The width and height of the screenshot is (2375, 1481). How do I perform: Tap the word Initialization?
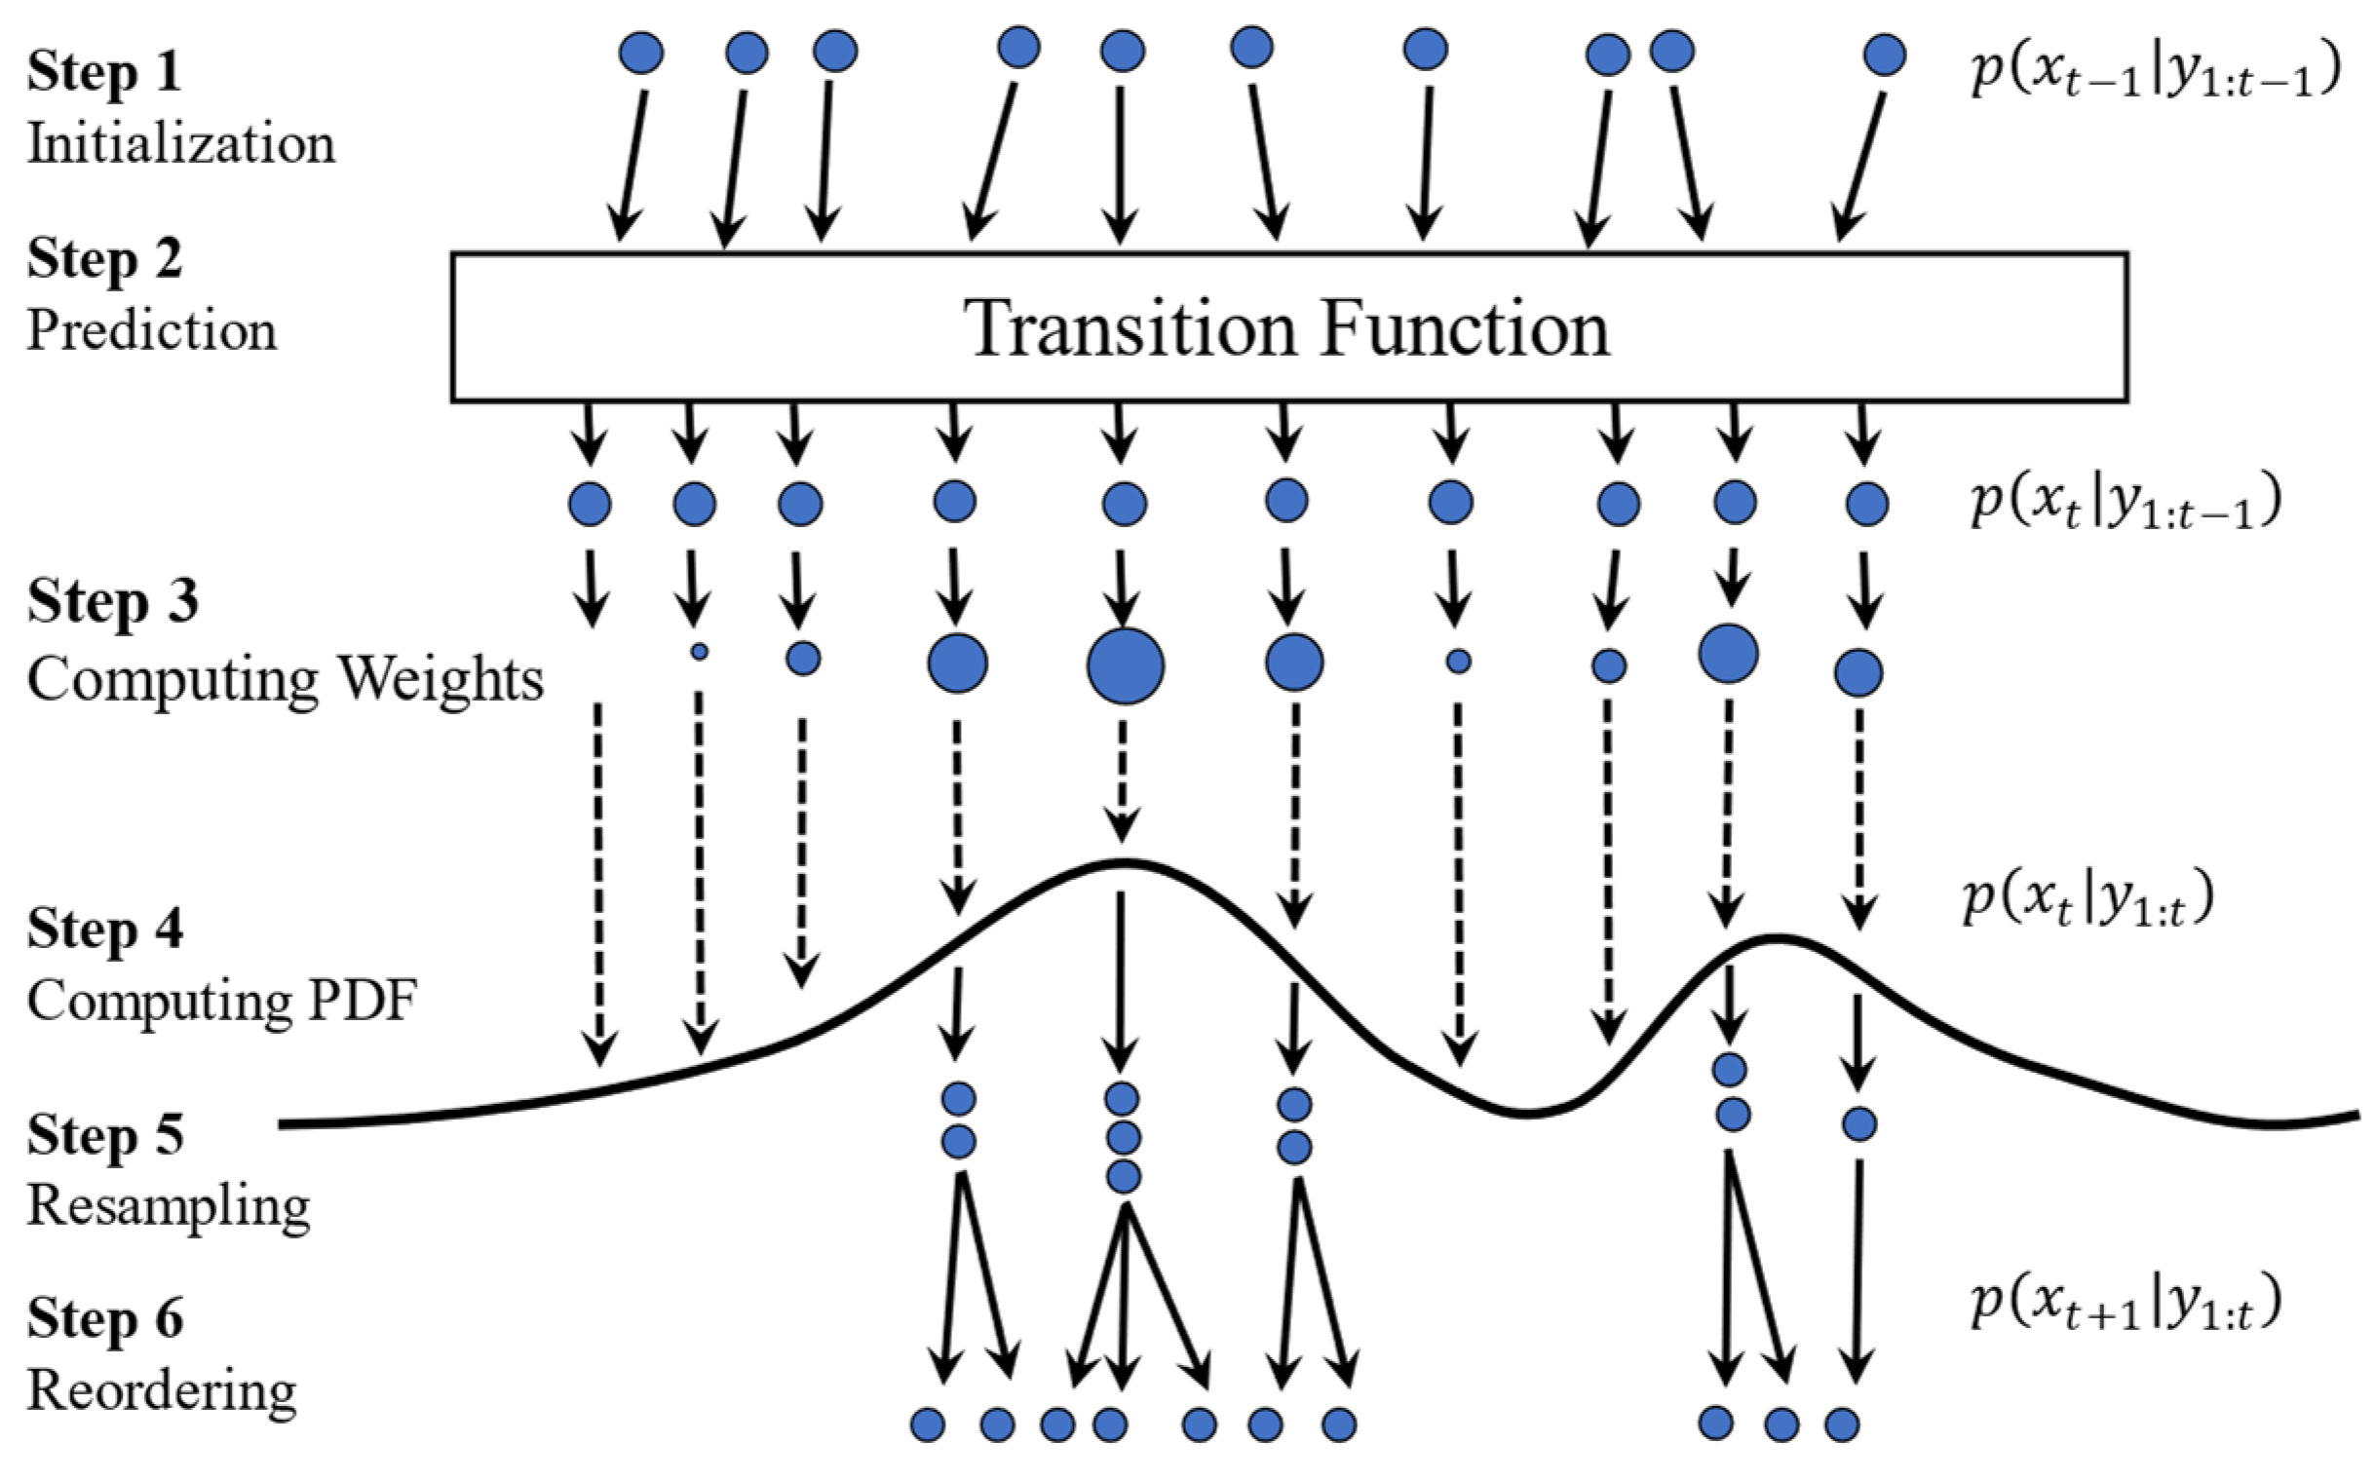point(181,144)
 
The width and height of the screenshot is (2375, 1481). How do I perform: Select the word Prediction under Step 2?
point(152,330)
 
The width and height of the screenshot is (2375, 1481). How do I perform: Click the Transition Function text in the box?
point(1287,328)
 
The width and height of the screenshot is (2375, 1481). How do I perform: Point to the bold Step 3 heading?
point(113,600)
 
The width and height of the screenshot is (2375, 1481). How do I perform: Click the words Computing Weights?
point(286,678)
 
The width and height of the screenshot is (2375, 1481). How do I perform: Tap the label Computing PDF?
point(222,1001)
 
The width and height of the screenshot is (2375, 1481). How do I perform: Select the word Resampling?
point(169,1205)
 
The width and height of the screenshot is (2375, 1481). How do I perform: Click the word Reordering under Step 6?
point(162,1389)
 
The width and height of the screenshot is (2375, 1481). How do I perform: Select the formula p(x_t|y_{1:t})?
point(2088,898)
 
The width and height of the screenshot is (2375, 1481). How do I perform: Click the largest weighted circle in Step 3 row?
point(1125,666)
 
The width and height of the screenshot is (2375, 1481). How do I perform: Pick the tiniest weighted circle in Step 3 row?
point(699,652)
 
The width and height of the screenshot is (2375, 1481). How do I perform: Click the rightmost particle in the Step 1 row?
point(1884,55)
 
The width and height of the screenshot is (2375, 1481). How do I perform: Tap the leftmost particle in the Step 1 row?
point(642,53)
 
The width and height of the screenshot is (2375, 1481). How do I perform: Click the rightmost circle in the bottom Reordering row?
point(1841,1424)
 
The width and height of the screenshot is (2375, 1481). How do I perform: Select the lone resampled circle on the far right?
point(1858,1124)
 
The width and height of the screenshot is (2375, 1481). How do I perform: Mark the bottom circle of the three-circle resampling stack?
point(1123,1176)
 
